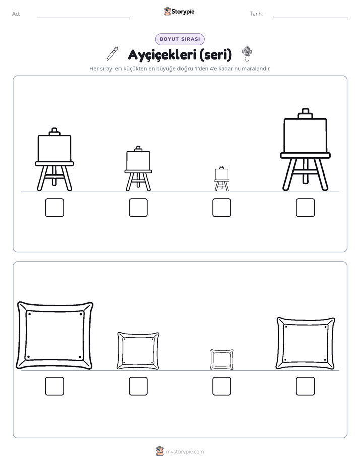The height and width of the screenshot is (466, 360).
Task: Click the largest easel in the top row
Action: [x=306, y=137]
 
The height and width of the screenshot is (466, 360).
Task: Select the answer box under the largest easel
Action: [x=306, y=207]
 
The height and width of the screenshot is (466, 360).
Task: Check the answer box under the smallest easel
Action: [x=221, y=207]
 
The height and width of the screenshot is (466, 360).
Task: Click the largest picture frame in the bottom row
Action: [x=21, y=336]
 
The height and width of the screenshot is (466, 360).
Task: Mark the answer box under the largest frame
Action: [x=54, y=386]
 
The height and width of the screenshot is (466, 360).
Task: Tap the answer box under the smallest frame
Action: [x=221, y=386]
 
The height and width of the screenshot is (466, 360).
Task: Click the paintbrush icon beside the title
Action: [x=113, y=53]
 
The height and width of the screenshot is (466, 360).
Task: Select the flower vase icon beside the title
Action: [x=247, y=53]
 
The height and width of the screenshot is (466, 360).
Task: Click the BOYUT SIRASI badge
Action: [x=179, y=39]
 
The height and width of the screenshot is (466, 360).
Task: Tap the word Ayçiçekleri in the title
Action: [x=162, y=54]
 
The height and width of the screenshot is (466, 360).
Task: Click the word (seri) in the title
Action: [x=216, y=54]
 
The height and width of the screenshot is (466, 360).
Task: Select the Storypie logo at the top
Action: [x=179, y=11]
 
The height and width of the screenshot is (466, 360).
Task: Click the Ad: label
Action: [x=16, y=14]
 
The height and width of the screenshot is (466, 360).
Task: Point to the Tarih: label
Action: [x=256, y=14]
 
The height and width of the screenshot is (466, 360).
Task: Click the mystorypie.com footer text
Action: [x=185, y=452]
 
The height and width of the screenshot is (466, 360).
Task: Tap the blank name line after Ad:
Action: [x=83, y=17]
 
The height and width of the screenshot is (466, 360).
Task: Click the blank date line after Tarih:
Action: [x=311, y=17]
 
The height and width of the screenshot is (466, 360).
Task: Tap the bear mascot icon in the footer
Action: [x=160, y=451]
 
